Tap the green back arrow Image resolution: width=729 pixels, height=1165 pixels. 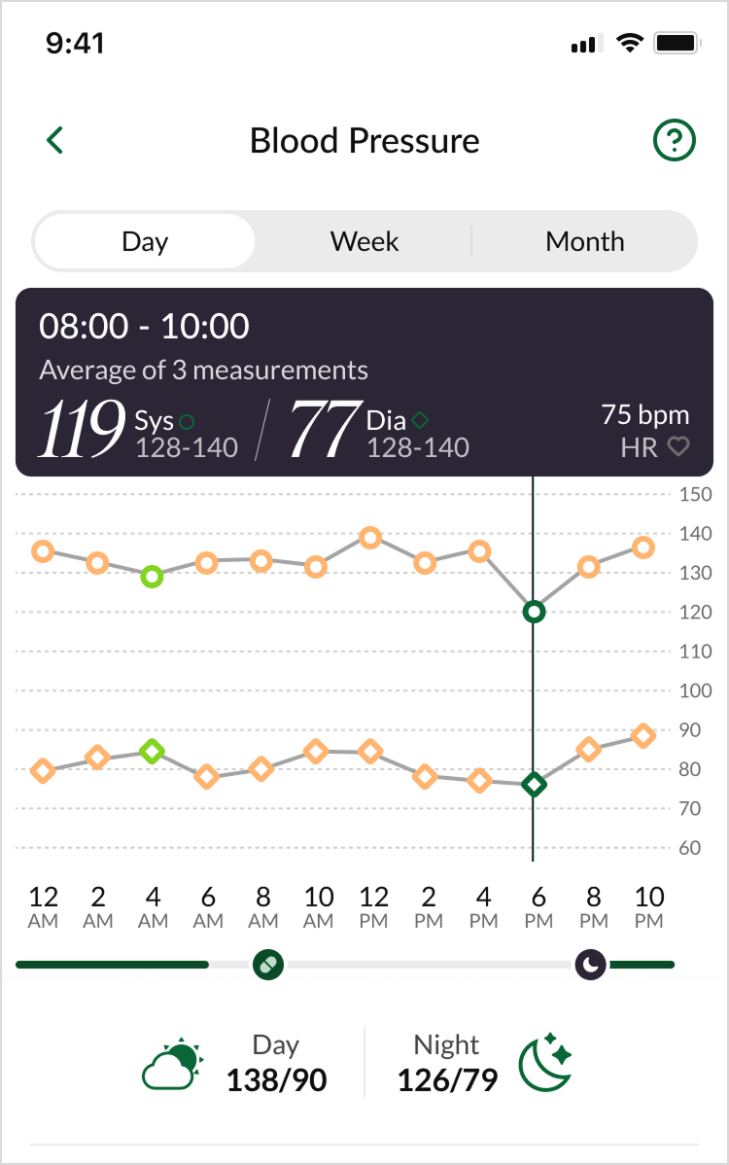coord(55,141)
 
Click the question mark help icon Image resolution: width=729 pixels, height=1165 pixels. coord(674,141)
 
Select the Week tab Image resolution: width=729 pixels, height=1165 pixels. coord(364,241)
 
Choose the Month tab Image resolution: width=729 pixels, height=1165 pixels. coord(585,241)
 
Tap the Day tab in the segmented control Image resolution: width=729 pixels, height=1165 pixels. coord(145,241)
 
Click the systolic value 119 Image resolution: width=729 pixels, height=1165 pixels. coord(82,431)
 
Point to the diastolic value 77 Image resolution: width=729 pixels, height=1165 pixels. coord(323,431)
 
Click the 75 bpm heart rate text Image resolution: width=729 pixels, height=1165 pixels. coord(644,415)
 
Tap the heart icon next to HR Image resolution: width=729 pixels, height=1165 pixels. coord(677,447)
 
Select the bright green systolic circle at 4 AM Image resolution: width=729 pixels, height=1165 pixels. coord(152,577)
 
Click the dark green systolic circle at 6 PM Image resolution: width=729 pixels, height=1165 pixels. coord(533,612)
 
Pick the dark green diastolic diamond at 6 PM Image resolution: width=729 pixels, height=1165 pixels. coord(533,785)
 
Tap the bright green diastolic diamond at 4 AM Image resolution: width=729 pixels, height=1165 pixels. coord(152,752)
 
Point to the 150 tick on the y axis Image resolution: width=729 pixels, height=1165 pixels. coord(696,495)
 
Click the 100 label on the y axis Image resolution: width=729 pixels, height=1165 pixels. coord(696,691)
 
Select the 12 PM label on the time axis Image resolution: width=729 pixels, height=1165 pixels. coord(373,906)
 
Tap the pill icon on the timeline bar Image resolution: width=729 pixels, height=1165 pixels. coord(267,965)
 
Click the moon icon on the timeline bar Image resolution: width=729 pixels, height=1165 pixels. coord(591,965)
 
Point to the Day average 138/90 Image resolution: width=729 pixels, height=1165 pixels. coord(276,1079)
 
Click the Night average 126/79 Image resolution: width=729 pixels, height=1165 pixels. coord(447,1079)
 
